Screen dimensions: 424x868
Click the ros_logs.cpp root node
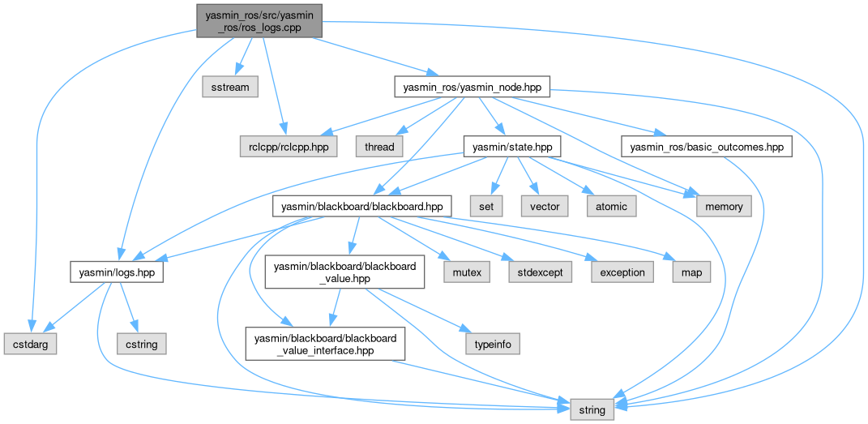259,20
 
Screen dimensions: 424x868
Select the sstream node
230,86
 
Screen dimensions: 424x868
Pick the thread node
379,147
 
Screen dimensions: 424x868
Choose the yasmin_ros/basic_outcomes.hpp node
705,147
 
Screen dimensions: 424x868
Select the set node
486,207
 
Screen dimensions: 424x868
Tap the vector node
545,207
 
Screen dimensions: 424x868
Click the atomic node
612,207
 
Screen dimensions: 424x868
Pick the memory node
724,207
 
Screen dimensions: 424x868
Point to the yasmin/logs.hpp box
117,272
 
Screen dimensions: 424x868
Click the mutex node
466,272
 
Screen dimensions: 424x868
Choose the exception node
622,272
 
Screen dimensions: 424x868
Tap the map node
691,272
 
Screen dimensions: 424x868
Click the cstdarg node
31,344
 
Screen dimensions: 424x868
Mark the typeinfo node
492,344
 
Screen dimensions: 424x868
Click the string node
592,410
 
